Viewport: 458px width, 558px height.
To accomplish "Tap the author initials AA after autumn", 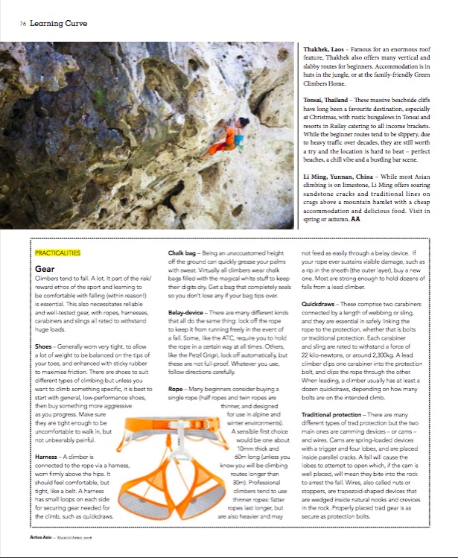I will [x=357, y=221].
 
